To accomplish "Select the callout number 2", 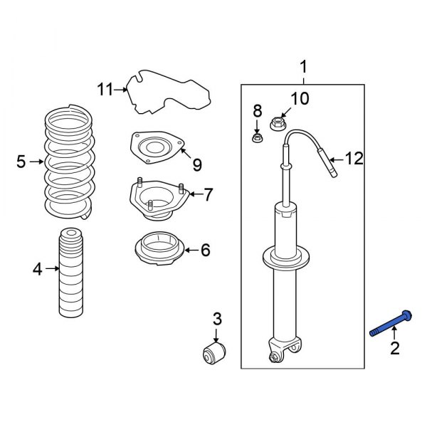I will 394,348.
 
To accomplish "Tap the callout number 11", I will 105,89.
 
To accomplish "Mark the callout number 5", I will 21,163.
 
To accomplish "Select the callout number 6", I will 204,250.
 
